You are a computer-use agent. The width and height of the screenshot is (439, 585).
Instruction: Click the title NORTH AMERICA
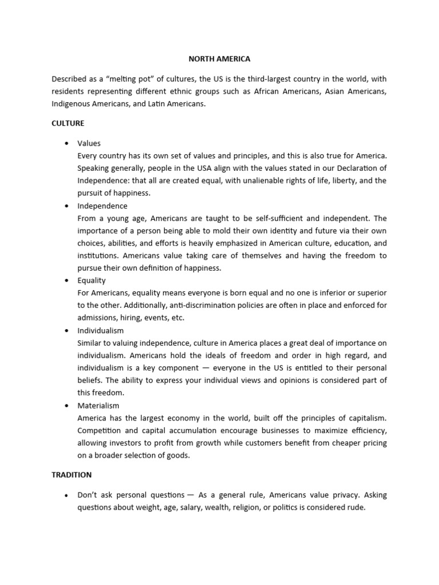219,58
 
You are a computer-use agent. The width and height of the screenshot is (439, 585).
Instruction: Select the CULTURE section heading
68,123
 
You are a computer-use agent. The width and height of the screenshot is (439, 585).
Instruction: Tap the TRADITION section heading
71,475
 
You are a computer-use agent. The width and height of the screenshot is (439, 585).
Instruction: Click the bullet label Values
89,143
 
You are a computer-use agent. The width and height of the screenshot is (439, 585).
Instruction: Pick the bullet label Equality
91,281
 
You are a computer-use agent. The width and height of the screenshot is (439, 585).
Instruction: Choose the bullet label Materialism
98,406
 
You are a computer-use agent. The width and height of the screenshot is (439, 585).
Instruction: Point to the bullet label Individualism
101,331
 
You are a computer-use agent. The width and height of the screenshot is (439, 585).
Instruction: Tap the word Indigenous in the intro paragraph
71,104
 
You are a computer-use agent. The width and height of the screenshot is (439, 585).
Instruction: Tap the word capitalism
366,418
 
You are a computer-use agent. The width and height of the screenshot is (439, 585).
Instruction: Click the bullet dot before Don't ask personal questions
67,495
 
